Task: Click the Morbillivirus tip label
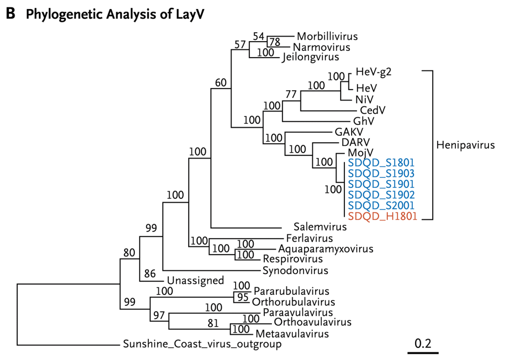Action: point(328,36)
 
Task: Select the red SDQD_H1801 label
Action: point(382,216)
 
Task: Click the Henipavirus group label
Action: point(465,145)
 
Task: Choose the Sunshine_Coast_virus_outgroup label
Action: point(202,344)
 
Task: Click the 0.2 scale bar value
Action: point(423,344)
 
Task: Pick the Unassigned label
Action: point(196,280)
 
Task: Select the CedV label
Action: point(373,110)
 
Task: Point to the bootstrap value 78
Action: point(275,42)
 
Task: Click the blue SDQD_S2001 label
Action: point(381,206)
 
